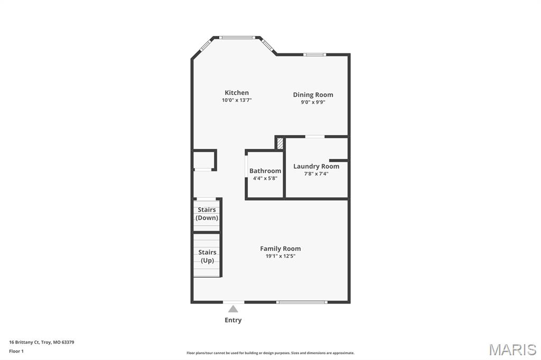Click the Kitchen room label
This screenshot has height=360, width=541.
237,93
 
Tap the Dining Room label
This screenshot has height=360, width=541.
313,95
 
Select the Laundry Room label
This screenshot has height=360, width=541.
316,166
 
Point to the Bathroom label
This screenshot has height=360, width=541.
265,171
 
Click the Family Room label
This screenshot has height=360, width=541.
280,249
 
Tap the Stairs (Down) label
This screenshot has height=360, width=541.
207,214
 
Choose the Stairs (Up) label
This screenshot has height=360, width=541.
207,257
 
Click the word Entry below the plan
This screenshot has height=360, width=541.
233,320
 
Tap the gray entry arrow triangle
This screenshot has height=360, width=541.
233,309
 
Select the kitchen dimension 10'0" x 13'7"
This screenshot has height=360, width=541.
237,100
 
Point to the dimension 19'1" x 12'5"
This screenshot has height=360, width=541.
280,256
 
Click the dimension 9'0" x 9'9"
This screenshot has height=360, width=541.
313,102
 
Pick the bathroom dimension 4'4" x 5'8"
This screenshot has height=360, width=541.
265,178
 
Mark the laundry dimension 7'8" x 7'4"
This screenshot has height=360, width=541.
316,174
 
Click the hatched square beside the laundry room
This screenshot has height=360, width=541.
281,144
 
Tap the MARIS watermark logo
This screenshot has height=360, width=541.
512,349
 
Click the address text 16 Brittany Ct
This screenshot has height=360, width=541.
41,342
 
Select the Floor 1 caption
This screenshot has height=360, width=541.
16,351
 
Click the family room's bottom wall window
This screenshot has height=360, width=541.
302,302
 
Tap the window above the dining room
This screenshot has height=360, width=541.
315,54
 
